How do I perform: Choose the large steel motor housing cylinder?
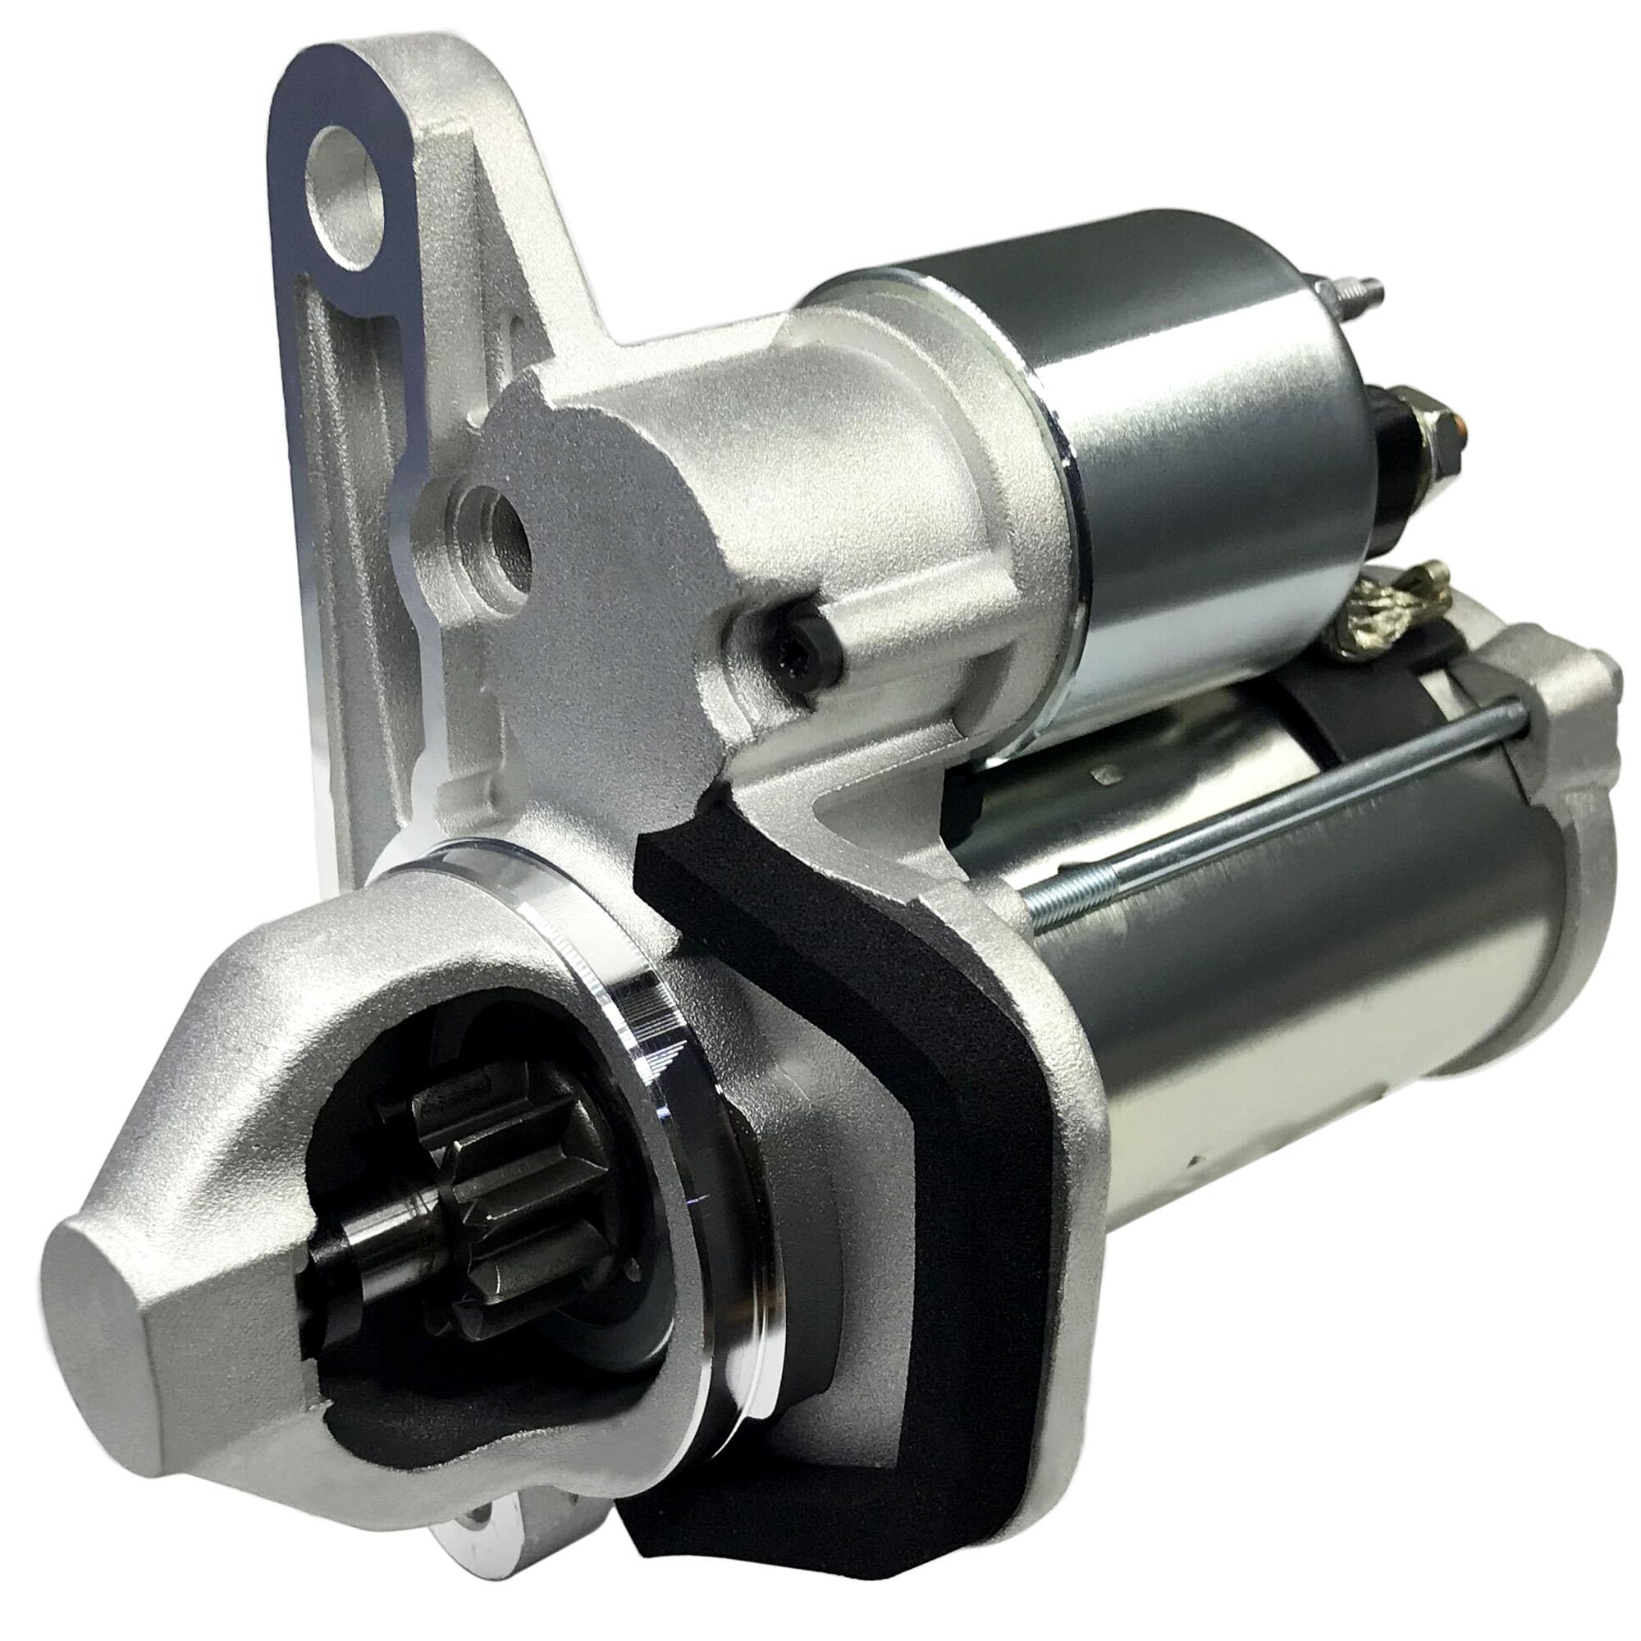pos(1317,976)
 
